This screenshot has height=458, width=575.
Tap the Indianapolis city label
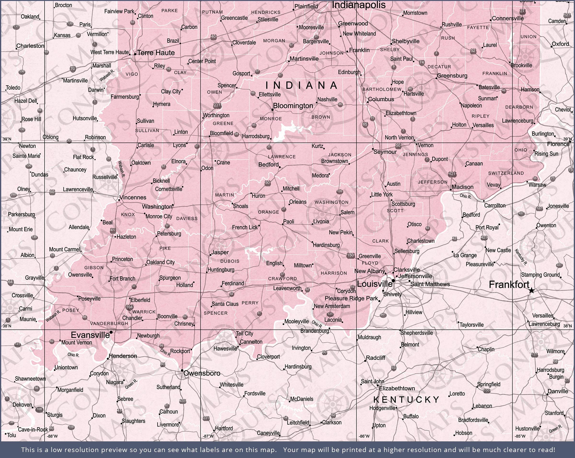click(x=358, y=5)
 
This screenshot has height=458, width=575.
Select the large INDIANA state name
click(x=302, y=85)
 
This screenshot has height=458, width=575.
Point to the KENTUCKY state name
click(x=406, y=399)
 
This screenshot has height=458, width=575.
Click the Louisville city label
click(x=374, y=284)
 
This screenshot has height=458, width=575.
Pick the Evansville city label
click(x=90, y=335)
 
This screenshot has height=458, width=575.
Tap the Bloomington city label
click(x=293, y=106)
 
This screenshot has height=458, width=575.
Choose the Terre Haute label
click(x=156, y=53)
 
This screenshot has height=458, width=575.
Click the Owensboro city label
click(x=202, y=373)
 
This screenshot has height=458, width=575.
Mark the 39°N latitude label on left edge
click(x=7, y=139)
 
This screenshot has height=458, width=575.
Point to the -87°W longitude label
click(x=208, y=436)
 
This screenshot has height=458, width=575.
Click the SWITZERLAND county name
click(x=506, y=173)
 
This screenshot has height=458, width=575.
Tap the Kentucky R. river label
click(x=521, y=257)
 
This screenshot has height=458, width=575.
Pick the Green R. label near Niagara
click(x=131, y=384)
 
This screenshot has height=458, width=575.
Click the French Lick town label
click(x=245, y=227)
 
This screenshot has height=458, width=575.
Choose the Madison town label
click(x=462, y=187)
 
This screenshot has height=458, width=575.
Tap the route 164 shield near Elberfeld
click(x=129, y=307)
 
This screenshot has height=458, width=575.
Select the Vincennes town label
click(x=132, y=197)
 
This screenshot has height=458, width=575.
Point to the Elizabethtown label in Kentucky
click(x=397, y=388)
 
